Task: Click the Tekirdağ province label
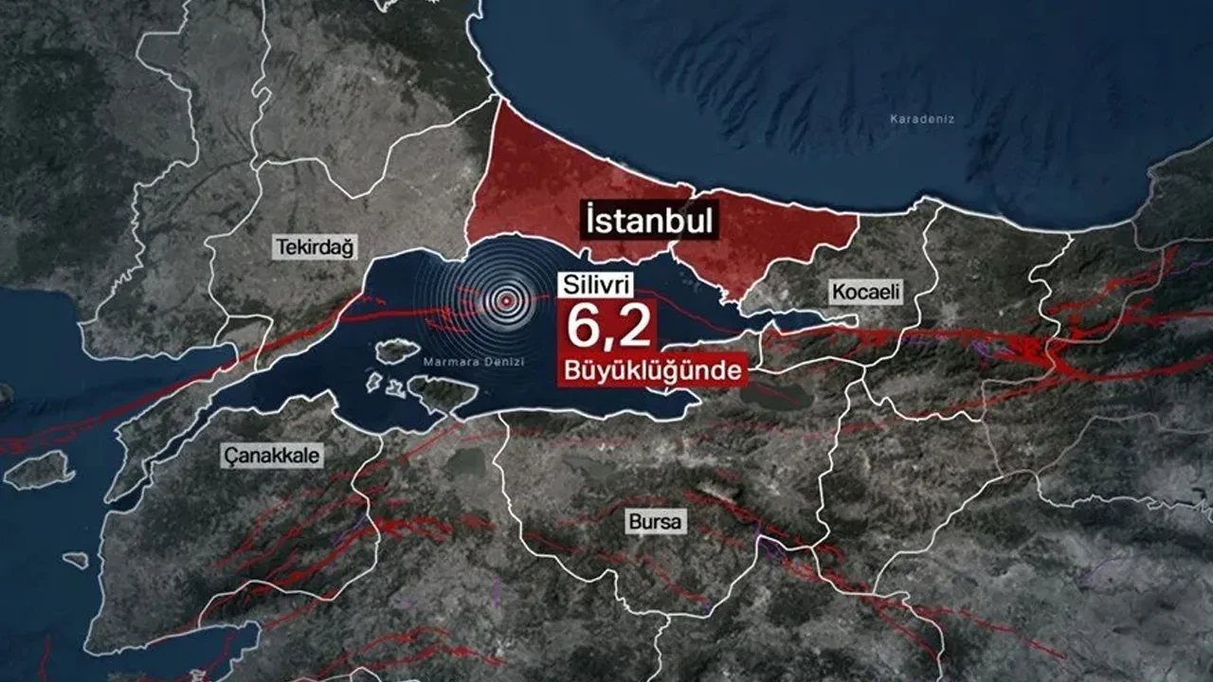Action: click(x=314, y=248)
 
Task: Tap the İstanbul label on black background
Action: click(x=648, y=222)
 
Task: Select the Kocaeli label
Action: click(x=865, y=291)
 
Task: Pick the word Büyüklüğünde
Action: click(x=651, y=369)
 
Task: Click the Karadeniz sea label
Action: click(x=921, y=119)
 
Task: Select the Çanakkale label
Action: click(x=272, y=456)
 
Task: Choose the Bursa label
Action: click(x=655, y=522)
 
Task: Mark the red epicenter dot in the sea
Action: click(x=507, y=300)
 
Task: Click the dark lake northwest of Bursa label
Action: click(x=464, y=462)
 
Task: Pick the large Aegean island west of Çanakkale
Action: click(x=38, y=469)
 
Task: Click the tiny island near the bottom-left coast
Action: click(x=76, y=560)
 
